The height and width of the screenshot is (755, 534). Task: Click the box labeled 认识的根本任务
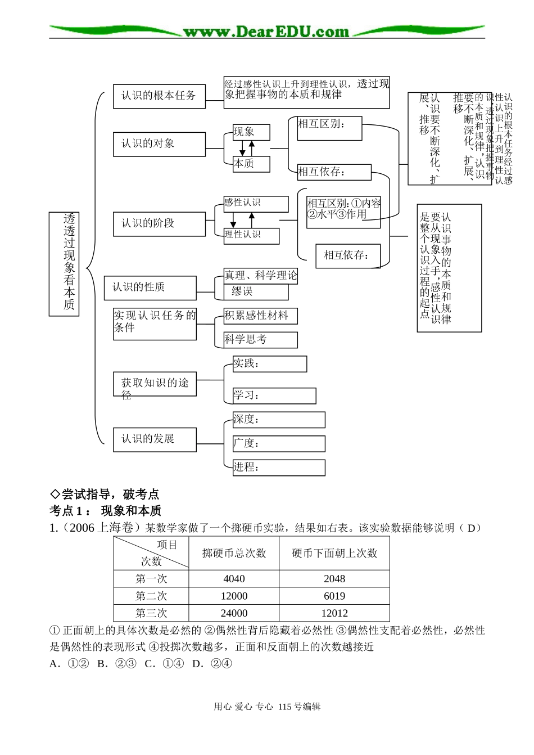(159, 96)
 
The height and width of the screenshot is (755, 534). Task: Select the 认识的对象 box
(159, 144)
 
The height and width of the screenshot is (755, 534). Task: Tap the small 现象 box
(251, 132)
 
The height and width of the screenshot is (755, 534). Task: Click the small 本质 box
(251, 164)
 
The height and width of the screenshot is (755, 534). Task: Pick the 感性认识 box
(256, 203)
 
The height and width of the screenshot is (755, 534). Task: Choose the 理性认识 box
(251, 235)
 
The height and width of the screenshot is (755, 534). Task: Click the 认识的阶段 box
(159, 224)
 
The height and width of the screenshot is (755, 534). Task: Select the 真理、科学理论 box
(261, 276)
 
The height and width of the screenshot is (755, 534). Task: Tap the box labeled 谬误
(256, 291)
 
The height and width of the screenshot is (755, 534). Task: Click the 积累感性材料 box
(261, 316)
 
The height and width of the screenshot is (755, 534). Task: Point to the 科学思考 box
(261, 339)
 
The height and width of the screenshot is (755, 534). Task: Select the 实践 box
(270, 364)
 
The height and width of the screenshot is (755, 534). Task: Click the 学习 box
(274, 396)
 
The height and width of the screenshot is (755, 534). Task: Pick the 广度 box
(279, 443)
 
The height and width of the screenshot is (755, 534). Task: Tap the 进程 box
(279, 468)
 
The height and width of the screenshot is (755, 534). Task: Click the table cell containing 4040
(234, 579)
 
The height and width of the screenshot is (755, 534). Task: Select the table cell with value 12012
(334, 613)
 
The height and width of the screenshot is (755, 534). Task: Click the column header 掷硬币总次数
(234, 554)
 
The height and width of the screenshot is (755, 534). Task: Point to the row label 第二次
(151, 596)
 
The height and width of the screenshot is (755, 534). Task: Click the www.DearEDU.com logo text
(266, 32)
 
